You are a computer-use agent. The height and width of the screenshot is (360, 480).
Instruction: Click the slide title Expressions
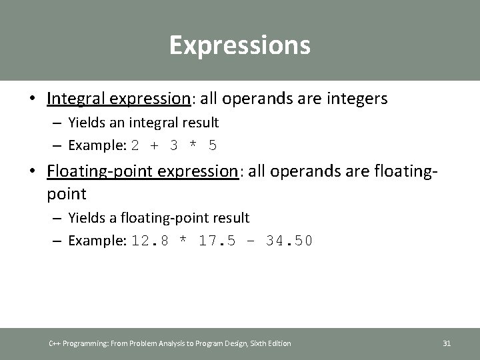pos(239,45)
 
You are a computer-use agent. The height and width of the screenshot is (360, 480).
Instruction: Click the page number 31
pos(447,343)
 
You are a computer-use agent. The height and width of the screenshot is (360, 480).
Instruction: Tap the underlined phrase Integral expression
pos(119,99)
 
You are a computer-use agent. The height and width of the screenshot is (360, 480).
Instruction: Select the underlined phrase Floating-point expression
pos(143,171)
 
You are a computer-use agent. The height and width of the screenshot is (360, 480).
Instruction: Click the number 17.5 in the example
pos(217,241)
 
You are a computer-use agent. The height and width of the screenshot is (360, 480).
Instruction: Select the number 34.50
pos(288,241)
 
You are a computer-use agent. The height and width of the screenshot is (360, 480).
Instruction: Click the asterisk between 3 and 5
pos(193,145)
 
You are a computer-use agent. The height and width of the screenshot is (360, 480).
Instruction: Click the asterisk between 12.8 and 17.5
pos(183,241)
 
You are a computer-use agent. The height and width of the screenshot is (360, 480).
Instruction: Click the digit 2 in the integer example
pos(135,145)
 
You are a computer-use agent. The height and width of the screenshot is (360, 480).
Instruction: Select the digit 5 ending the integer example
pos(212,145)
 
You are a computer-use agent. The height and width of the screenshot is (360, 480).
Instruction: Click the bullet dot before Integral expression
pos(32,99)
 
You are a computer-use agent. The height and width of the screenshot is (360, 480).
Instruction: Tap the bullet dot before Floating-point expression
pos(32,172)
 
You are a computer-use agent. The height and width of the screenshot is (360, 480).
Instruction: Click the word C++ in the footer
pos(56,343)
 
